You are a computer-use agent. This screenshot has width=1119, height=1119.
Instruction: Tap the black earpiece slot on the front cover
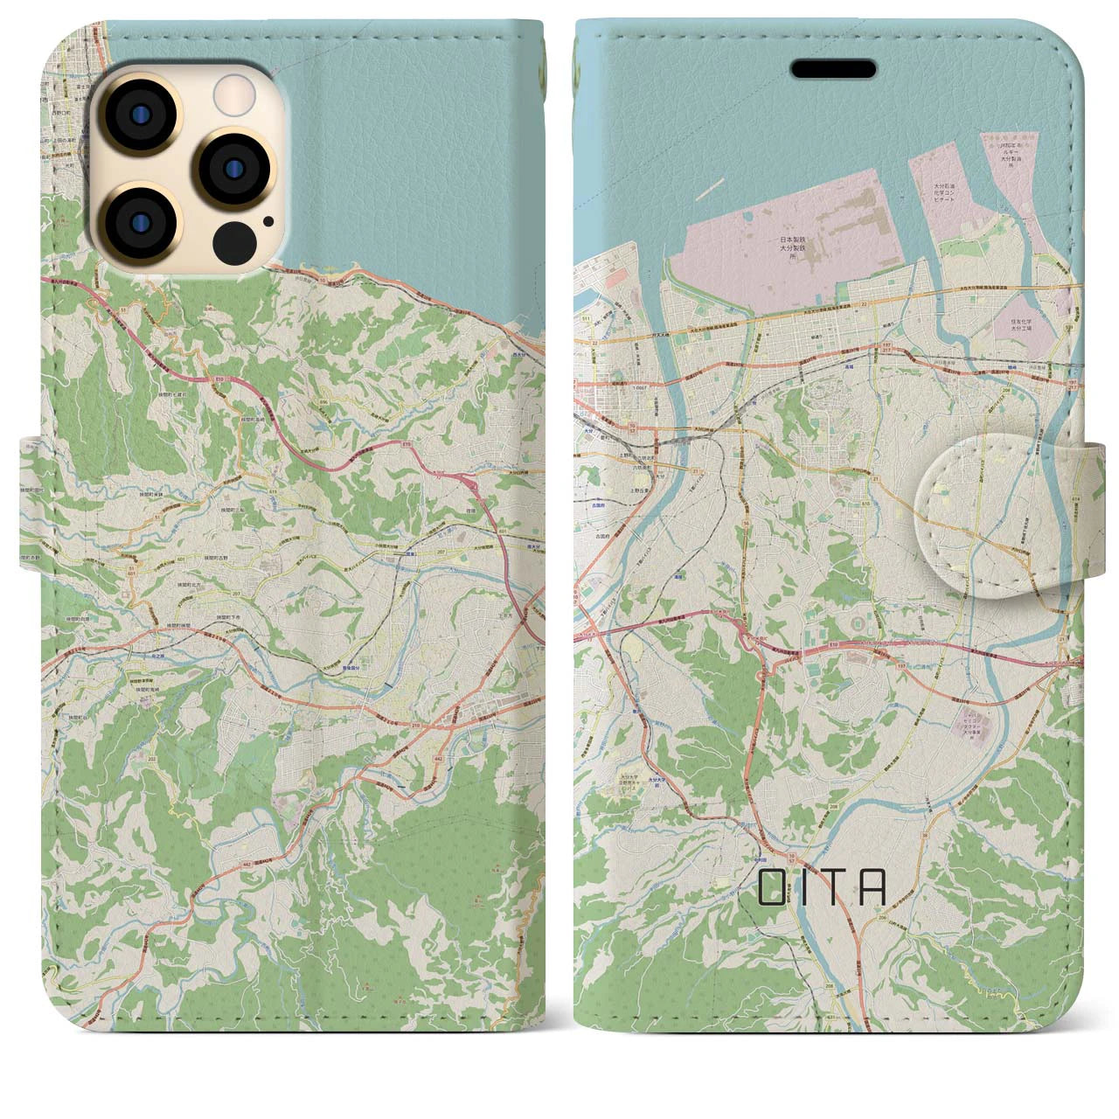[x=833, y=69]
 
